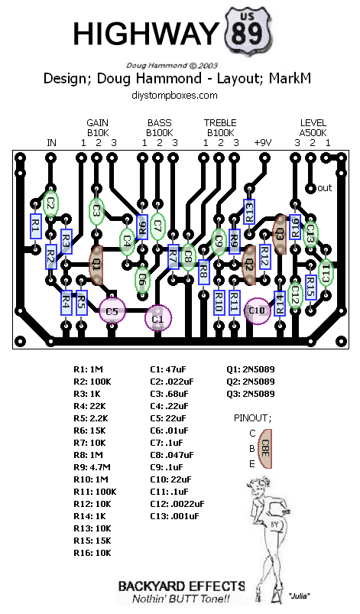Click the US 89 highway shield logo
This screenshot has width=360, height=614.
click(248, 31)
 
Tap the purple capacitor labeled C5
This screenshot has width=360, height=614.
click(112, 311)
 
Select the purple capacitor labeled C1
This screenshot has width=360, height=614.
click(157, 318)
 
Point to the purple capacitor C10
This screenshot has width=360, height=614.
click(258, 310)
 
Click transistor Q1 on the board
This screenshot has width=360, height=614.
click(96, 265)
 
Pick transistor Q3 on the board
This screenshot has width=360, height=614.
click(280, 234)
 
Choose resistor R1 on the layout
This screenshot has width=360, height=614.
click(36, 226)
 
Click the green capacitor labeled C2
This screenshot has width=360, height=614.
click(50, 203)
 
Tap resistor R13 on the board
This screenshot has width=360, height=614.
click(249, 212)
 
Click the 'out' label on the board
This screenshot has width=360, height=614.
click(324, 188)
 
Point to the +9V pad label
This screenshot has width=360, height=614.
click(263, 142)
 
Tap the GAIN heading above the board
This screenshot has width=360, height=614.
click(97, 123)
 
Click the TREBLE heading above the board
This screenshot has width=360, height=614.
click(220, 123)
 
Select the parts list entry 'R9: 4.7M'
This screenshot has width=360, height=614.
click(92, 467)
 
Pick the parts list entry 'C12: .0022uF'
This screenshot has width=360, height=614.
click(177, 504)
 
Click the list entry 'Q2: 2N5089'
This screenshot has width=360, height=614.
click(251, 382)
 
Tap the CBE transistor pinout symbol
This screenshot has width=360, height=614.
click(265, 449)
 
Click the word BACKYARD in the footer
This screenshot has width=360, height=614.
click(151, 586)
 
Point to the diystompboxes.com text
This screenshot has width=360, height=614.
click(174, 95)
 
